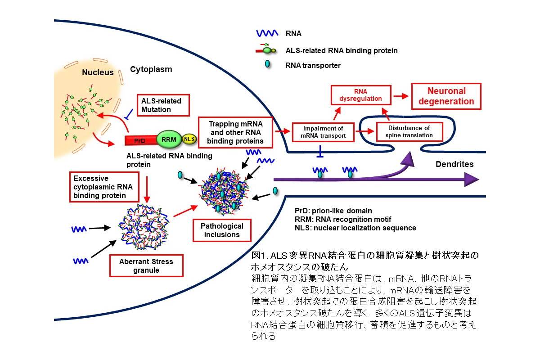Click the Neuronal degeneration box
446,96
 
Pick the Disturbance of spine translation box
409,131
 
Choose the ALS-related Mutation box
163,105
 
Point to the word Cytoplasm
151,69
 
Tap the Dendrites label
454,164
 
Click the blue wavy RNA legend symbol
266,33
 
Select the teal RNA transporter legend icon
267,64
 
